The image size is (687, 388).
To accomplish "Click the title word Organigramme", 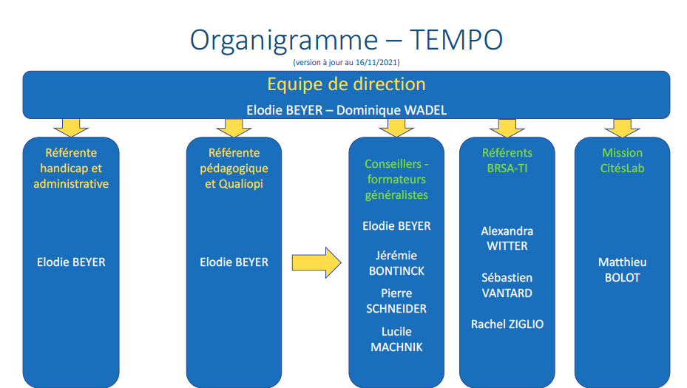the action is [284, 41].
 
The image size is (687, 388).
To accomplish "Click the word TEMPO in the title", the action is [456, 40].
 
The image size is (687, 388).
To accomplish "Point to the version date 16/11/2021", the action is [376, 62].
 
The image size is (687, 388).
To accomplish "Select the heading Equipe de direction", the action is [346, 84].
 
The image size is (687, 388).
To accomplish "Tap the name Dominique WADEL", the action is [392, 110].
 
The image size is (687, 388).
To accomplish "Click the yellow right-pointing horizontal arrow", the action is [317, 263].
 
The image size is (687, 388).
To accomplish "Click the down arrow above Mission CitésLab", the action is [622, 128].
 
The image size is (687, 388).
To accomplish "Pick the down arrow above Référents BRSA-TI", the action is [507, 128].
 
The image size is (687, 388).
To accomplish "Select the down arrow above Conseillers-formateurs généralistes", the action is [396, 128].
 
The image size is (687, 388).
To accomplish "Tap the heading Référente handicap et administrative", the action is [71, 169].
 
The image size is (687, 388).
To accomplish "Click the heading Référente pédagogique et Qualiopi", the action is [234, 169].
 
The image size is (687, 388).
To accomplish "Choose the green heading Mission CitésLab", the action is [622, 160].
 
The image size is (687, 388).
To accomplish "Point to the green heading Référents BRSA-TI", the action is [507, 160].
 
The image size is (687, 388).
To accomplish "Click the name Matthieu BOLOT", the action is [622, 270].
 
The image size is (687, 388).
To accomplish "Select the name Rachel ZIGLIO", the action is [507, 324].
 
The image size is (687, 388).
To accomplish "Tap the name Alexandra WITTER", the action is [507, 239].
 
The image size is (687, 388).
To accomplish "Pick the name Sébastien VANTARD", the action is [507, 285].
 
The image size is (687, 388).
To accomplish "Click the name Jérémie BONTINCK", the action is [396, 263].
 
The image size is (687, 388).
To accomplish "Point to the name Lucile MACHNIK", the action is [396, 339].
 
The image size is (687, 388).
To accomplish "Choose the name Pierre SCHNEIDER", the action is [396, 301].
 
